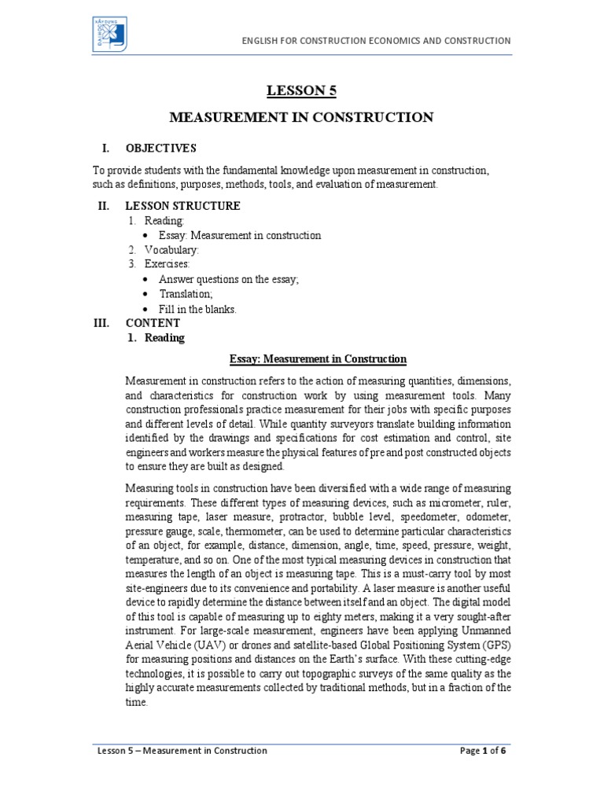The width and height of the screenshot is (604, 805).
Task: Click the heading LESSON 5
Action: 302,91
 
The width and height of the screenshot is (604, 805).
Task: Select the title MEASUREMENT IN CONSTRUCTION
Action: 302,118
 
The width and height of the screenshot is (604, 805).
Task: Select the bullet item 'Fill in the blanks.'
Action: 197,309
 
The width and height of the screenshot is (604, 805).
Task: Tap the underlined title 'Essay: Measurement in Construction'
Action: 318,359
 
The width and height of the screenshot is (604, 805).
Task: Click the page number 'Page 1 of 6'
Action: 483,751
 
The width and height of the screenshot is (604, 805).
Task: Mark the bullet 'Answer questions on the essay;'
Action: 229,280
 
